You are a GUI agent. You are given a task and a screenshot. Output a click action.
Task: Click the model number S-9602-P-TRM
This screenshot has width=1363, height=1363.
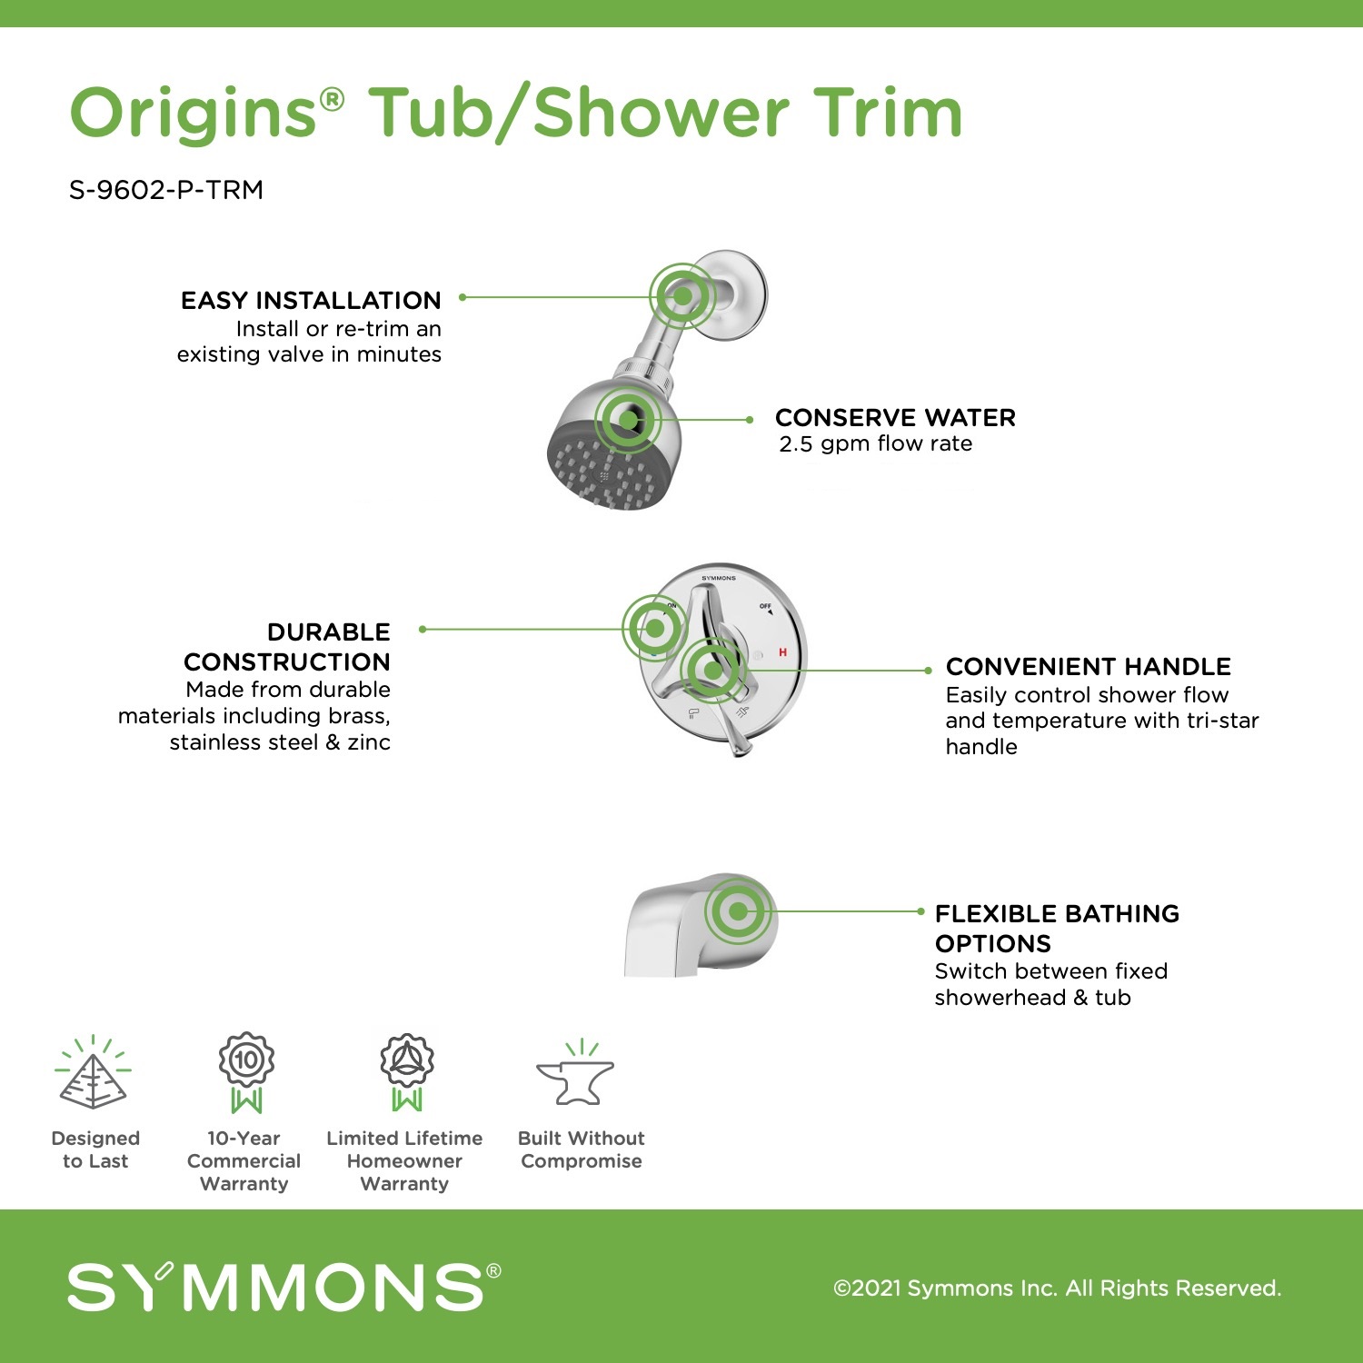166,190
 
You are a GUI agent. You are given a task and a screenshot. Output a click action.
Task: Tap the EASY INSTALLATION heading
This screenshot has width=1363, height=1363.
311,301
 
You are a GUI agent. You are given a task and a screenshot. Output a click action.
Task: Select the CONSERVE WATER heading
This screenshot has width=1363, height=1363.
895,418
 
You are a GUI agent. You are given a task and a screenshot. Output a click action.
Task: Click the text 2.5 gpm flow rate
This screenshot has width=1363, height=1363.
875,443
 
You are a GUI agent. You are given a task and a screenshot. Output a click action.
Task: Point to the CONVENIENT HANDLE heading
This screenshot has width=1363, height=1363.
1088,667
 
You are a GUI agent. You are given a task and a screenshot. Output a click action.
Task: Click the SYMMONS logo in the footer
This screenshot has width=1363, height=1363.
284,1287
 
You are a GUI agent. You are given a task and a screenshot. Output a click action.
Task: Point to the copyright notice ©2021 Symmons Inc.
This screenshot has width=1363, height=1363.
1057,1288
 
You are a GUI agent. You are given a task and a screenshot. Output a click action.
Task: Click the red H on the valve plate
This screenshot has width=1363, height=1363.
782,652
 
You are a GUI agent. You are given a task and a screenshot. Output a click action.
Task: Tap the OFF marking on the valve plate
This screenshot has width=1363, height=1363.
765,606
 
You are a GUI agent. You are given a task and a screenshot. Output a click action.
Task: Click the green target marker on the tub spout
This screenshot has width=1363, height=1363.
738,911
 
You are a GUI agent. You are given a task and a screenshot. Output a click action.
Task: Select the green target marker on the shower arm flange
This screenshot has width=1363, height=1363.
681,295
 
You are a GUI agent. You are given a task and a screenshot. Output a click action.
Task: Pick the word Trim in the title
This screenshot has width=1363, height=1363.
887,114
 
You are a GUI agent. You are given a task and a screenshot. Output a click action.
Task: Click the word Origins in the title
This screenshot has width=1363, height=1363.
193,114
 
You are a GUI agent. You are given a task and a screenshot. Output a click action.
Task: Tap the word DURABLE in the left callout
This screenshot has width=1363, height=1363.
328,632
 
